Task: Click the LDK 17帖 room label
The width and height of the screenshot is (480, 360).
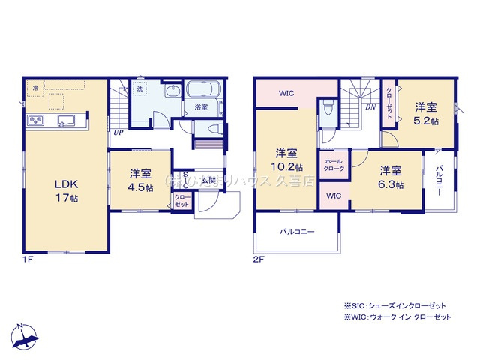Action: click(65, 190)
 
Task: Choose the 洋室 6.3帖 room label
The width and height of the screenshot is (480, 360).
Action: click(390, 177)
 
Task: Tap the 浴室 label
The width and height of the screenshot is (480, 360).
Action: click(201, 108)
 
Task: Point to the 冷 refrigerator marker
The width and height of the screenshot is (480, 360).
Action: click(35, 88)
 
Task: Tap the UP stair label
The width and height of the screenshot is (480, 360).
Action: click(118, 133)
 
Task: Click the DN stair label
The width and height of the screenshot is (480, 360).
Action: click(370, 107)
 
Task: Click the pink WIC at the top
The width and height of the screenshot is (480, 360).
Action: click(286, 94)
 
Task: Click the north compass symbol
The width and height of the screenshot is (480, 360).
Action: click(25, 337)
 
